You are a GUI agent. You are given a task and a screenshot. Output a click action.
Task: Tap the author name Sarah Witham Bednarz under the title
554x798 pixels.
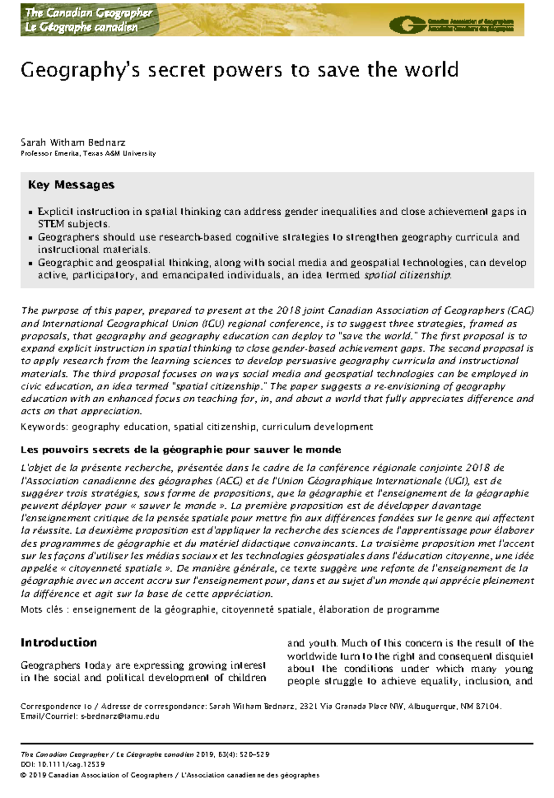(x=73, y=142)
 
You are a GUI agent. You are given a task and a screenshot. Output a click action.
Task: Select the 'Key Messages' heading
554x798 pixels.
(x=71, y=185)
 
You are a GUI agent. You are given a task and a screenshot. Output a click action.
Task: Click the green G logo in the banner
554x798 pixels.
(x=406, y=24)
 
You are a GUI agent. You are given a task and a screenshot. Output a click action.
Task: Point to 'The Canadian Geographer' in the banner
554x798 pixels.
(x=89, y=13)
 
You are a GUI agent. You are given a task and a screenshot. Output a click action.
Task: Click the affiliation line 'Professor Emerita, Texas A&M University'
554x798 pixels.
(x=88, y=153)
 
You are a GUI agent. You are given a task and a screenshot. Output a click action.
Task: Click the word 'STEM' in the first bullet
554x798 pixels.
(x=51, y=224)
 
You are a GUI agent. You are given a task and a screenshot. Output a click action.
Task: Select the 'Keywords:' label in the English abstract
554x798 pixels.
(x=44, y=427)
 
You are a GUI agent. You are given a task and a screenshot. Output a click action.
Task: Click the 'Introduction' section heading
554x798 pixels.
(x=59, y=643)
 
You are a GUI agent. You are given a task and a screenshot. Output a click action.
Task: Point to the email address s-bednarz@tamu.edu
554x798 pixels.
(x=120, y=716)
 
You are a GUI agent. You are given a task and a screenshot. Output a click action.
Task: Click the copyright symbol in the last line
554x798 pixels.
(x=24, y=775)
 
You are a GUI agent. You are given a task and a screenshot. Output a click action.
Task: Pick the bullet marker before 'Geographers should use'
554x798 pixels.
(x=30, y=238)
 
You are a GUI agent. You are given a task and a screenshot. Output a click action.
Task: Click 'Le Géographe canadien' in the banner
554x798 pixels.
(x=81, y=27)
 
